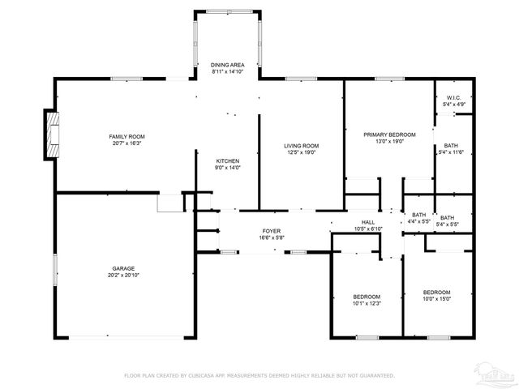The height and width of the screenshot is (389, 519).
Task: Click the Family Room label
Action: [127, 135]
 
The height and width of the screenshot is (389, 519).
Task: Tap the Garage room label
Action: [123, 268]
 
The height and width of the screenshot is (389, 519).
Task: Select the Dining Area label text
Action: [228, 64]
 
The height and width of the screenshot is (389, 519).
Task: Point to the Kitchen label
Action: [228, 160]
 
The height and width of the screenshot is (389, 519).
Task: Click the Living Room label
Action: [300, 145]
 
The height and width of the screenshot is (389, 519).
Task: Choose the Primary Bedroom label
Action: [389, 134]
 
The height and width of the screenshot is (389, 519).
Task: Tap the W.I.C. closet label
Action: [453, 98]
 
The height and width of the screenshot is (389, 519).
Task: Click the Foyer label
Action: [271, 231]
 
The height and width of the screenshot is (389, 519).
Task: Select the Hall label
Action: [368, 222]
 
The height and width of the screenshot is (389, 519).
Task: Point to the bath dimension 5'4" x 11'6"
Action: [450, 152]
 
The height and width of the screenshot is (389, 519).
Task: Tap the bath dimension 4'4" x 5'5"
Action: [418, 221]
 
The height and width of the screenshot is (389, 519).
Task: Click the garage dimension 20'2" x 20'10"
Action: [123, 275]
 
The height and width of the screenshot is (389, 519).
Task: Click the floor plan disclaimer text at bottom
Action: [259, 375]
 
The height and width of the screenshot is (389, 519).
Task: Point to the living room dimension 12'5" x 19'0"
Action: [300, 152]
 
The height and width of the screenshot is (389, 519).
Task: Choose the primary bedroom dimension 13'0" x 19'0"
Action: [389, 141]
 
